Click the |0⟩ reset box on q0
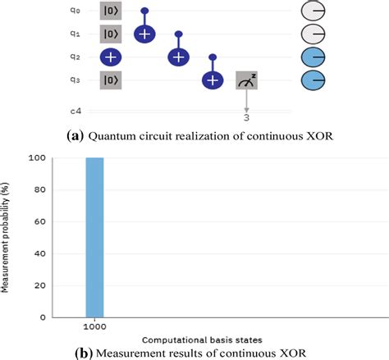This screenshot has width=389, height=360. [x=110, y=11]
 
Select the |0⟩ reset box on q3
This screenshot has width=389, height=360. [x=110, y=80]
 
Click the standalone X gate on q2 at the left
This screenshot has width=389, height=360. [x=111, y=57]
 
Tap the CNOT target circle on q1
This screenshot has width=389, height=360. [x=144, y=34]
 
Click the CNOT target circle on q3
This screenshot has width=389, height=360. [x=213, y=80]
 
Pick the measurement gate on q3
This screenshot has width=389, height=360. [x=247, y=80]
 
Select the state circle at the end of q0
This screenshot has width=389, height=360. [x=315, y=11]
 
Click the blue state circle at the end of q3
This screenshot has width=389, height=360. [x=315, y=80]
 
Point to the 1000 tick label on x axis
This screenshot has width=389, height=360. [x=94, y=325]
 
